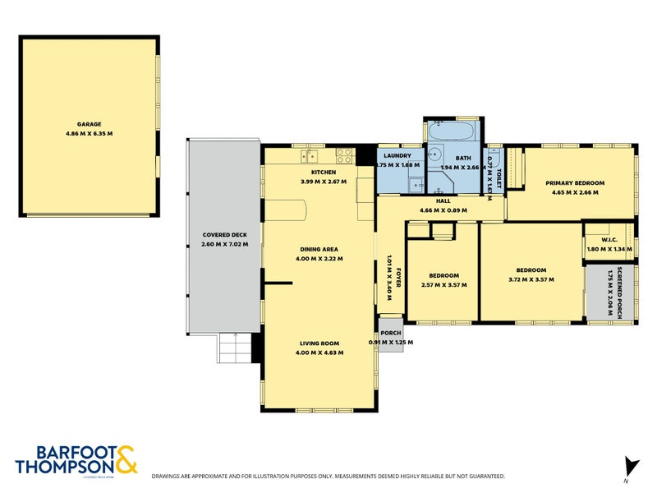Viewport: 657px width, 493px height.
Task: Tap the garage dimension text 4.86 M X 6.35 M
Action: (x=90, y=134)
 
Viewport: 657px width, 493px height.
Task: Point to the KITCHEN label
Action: (x=324, y=172)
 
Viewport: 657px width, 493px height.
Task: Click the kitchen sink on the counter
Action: (x=309, y=155)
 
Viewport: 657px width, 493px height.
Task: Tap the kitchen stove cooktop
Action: (x=344, y=154)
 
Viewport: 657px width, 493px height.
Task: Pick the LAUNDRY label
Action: (x=398, y=154)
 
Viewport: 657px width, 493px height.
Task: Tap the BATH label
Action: (x=464, y=158)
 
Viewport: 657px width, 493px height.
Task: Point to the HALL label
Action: (x=443, y=200)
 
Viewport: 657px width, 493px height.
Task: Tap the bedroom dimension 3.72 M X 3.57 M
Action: (x=531, y=280)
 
